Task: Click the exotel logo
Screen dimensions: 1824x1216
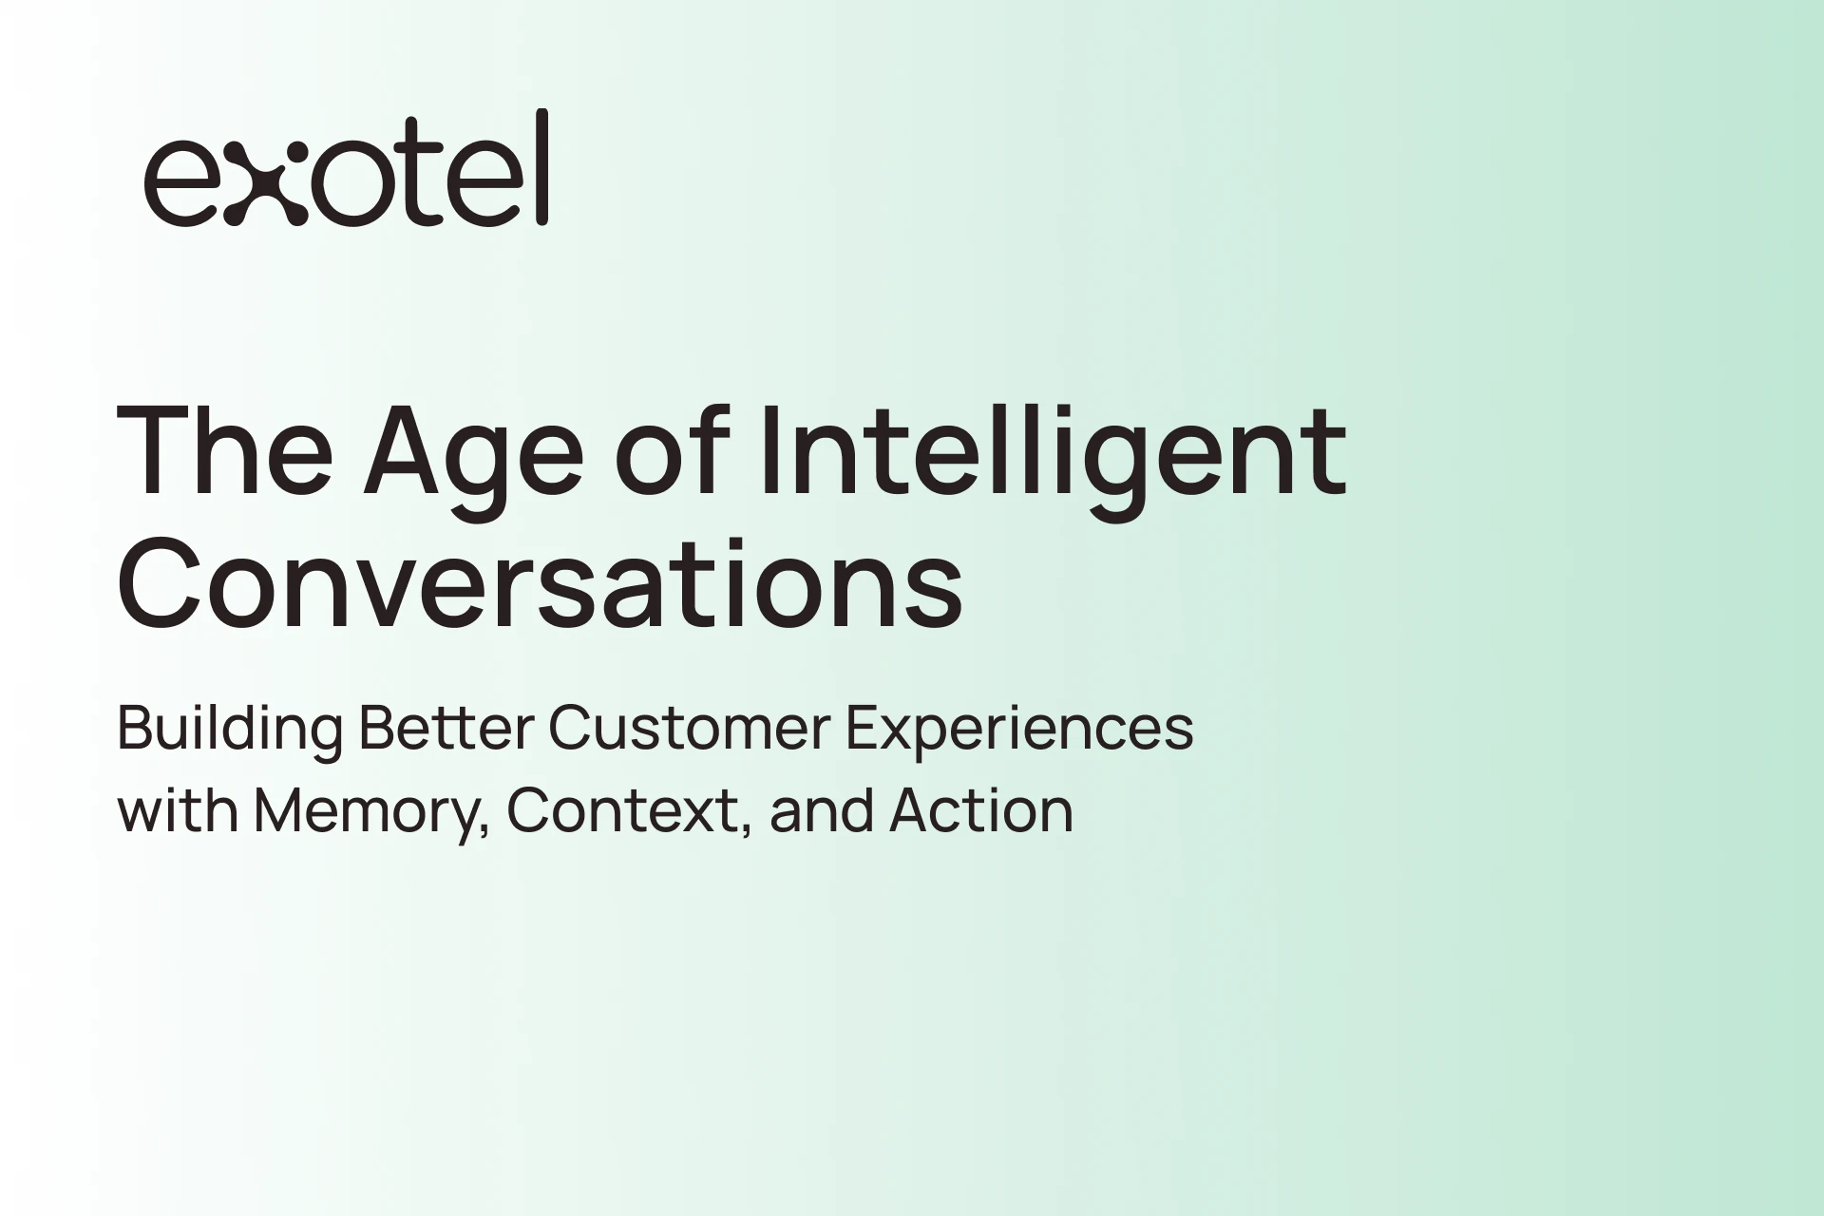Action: [347, 168]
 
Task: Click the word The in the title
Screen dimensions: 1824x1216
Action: [225, 449]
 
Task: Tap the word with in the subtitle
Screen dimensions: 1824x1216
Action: [178, 810]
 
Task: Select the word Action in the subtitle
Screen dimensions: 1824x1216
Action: [981, 810]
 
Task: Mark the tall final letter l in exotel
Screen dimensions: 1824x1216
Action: [541, 167]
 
